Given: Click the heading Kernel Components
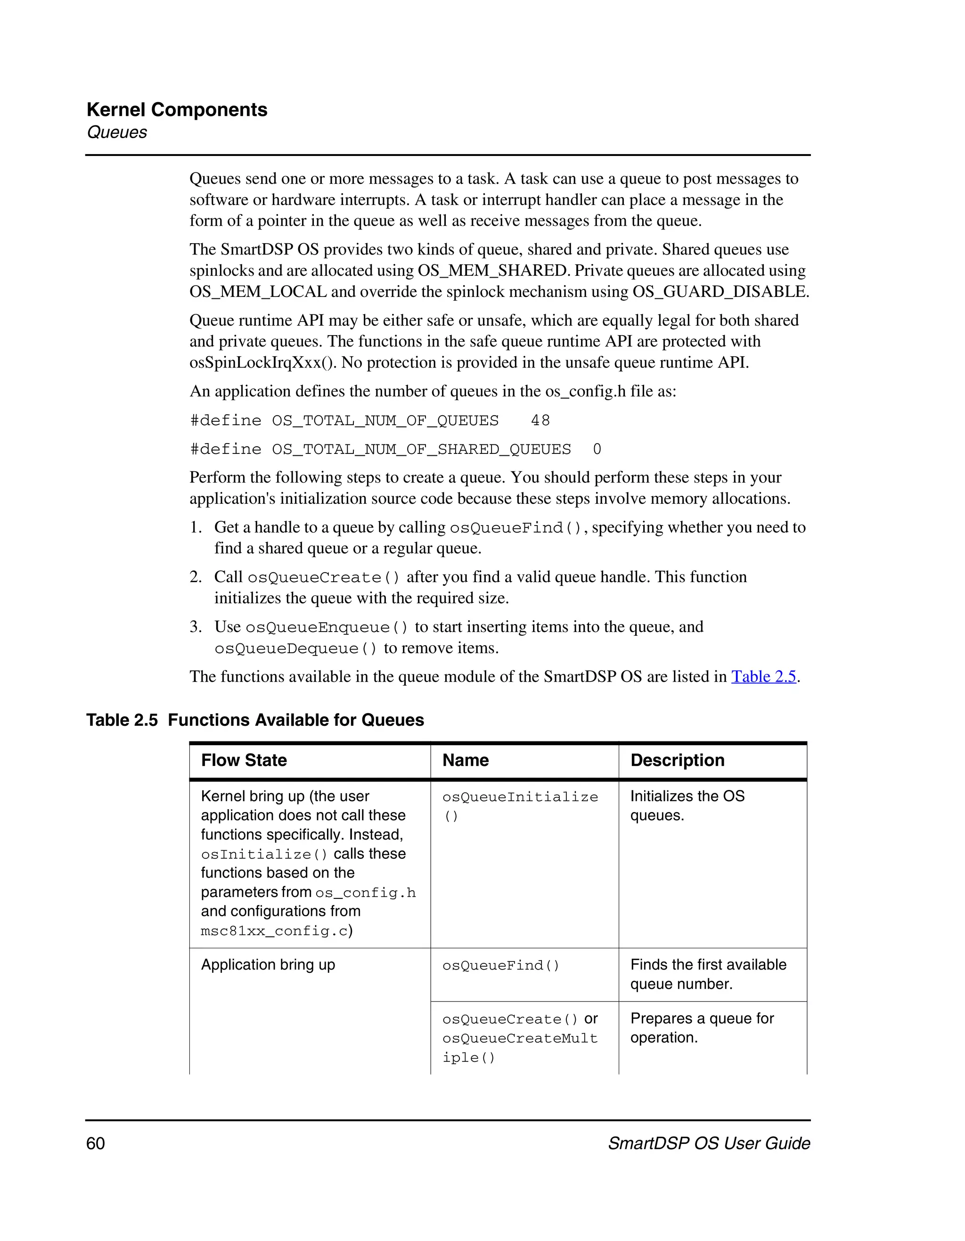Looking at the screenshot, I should (x=177, y=110).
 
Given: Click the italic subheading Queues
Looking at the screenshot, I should (x=116, y=132).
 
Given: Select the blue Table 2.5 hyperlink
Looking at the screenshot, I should (x=763, y=677).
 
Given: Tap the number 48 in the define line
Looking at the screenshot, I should (x=540, y=420).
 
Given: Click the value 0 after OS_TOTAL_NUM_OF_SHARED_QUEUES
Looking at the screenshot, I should (x=597, y=450).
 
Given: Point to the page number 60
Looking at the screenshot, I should (x=96, y=1143).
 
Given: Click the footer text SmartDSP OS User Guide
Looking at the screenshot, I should (x=709, y=1143).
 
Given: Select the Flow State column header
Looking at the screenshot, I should (x=244, y=760).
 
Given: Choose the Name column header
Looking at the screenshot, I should (x=465, y=760).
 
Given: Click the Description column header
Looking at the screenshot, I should (x=677, y=760).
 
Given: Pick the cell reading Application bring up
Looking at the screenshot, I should (x=268, y=965).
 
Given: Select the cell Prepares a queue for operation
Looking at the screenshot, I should (x=702, y=1028).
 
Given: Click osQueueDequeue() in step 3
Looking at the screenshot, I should (x=295, y=649).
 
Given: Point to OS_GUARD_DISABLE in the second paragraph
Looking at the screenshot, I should (x=720, y=292).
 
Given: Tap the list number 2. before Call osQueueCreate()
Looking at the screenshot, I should (x=196, y=577).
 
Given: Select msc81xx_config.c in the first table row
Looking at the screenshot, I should (x=274, y=931).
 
